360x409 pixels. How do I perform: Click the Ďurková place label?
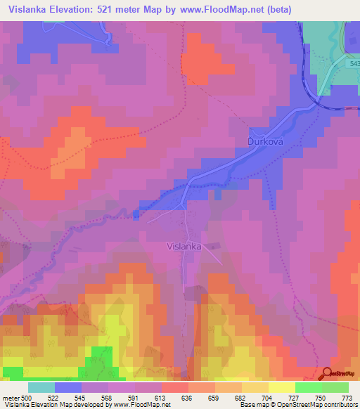(x=265, y=141)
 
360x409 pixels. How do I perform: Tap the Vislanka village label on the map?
(x=184, y=247)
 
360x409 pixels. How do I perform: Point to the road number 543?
(x=354, y=63)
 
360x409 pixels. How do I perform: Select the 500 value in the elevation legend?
(x=25, y=398)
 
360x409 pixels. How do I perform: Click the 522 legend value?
(x=52, y=398)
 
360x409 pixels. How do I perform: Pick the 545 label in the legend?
(x=79, y=398)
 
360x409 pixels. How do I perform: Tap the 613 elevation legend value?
(x=161, y=398)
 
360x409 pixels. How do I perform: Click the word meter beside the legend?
(x=9, y=398)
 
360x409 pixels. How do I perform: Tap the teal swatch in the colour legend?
(x=41, y=387)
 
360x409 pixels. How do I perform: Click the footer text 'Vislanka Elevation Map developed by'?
(x=51, y=405)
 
